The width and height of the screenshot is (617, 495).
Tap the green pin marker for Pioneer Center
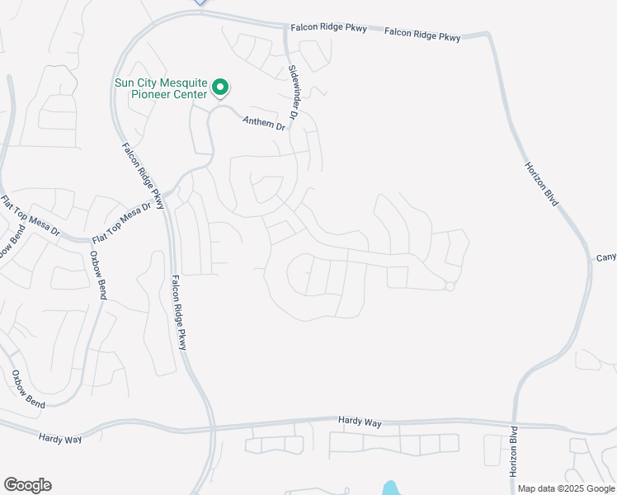[x=220, y=87]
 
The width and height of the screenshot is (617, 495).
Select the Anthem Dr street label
[x=263, y=123]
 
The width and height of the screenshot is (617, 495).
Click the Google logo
[x=27, y=485]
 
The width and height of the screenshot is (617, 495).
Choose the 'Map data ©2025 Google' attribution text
[x=566, y=488]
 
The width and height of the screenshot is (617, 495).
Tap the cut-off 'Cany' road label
[x=606, y=257]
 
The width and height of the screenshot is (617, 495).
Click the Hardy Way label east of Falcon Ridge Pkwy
[x=360, y=422]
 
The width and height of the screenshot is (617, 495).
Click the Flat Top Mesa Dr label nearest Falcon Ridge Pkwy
[x=127, y=218]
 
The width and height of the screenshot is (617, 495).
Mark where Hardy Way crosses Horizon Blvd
[x=516, y=425]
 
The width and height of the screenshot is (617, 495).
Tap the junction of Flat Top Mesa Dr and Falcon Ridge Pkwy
[x=167, y=196]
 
